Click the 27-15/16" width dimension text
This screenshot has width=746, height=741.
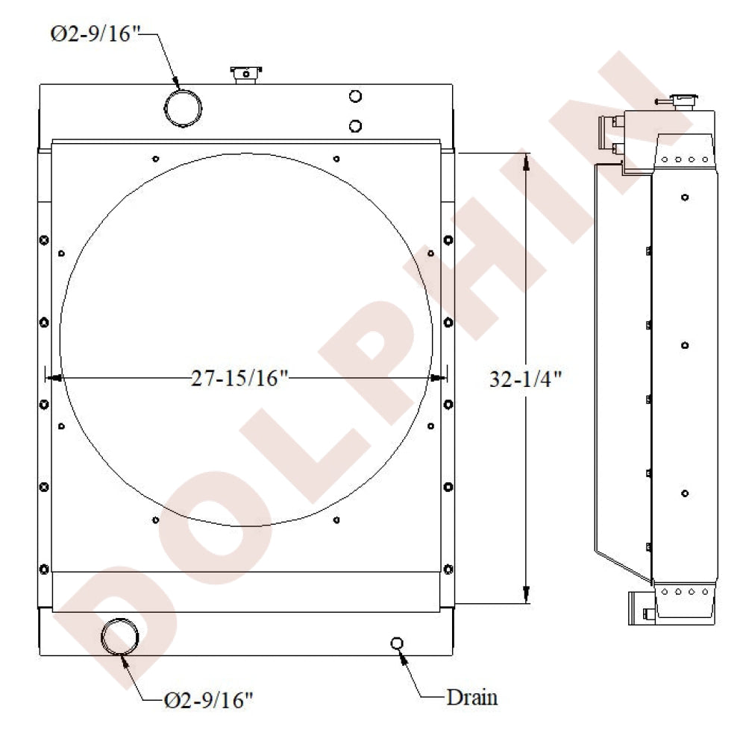[x=239, y=379]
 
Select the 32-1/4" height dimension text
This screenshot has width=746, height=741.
[x=525, y=379]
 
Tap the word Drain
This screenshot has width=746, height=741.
[x=471, y=698]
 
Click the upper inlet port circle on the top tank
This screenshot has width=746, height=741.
[x=183, y=108]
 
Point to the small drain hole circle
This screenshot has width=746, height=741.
[x=397, y=643]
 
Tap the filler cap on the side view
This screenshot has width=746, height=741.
[x=682, y=101]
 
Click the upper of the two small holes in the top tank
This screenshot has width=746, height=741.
[x=355, y=96]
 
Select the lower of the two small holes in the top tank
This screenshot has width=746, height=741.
[x=355, y=126]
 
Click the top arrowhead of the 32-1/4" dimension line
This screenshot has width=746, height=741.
[x=526, y=160]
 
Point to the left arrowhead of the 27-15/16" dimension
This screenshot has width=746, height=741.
[x=53, y=379]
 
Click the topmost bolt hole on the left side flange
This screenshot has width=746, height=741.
[x=44, y=240]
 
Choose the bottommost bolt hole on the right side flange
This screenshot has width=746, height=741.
[x=448, y=570]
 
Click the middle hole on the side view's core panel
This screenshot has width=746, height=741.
[x=685, y=345]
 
